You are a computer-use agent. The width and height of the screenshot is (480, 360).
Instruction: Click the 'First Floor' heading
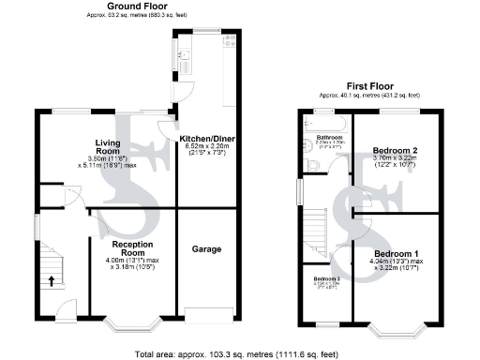tap(367, 86)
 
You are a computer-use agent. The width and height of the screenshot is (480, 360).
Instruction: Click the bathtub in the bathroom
tap(324, 121)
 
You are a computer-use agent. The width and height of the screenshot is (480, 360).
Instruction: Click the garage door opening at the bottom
tap(207, 312)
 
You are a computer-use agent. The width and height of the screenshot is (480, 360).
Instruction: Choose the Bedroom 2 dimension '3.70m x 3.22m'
tap(394, 158)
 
